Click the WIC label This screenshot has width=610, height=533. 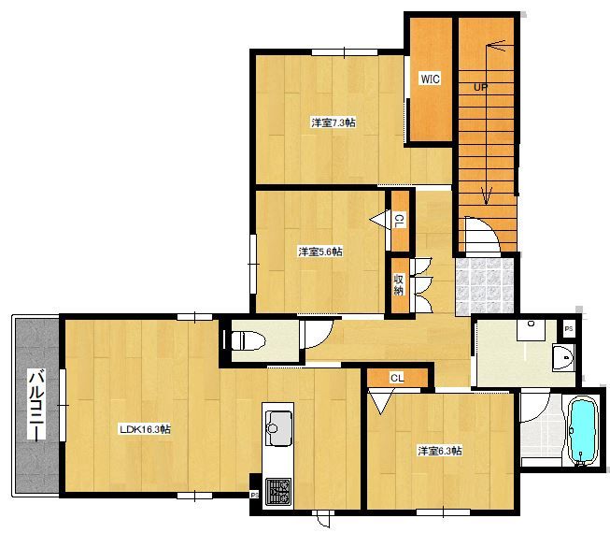[431, 79]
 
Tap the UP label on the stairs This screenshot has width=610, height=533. [481, 87]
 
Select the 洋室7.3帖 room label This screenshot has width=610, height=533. [333, 122]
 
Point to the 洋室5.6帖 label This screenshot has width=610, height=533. [320, 252]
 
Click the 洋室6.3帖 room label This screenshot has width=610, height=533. [440, 451]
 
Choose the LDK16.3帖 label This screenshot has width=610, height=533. [145, 429]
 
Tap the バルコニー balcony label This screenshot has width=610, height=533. [36, 405]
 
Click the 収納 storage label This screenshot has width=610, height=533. [399, 284]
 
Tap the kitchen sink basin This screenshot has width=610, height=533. [278, 428]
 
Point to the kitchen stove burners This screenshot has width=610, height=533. [278, 492]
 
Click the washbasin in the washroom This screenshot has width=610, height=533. [563, 358]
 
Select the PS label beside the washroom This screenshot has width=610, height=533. [569, 329]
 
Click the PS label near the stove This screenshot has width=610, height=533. [255, 496]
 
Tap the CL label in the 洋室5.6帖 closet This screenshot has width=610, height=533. [399, 221]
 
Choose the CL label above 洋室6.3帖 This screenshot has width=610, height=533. [397, 378]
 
